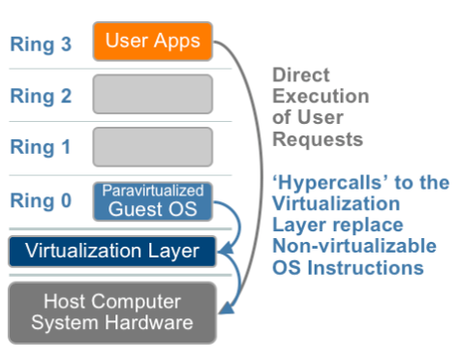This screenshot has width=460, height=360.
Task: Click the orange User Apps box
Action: [152, 42]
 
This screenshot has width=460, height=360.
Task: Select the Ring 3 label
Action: [41, 44]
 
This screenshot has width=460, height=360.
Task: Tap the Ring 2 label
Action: [41, 96]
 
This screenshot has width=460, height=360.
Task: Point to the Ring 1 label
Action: [41, 147]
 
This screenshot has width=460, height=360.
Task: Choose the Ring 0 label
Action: [41, 200]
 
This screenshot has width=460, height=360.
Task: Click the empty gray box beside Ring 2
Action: [152, 95]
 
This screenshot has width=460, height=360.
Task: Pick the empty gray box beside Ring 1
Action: [152, 146]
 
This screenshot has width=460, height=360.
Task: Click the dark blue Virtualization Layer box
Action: [111, 253]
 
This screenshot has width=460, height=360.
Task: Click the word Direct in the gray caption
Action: [301, 75]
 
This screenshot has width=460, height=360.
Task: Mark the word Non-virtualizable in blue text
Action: [348, 246]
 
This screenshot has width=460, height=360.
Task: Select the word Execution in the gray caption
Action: [320, 97]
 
